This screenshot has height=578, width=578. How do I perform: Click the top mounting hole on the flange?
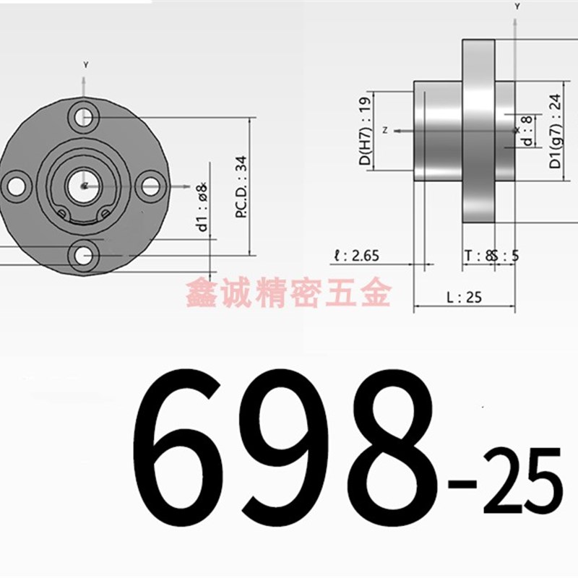[x=85, y=116]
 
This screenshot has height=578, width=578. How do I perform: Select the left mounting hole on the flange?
[x=15, y=186]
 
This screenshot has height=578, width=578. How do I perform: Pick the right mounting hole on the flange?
[x=150, y=186]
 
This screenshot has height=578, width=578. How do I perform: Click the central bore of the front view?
[x=84, y=186]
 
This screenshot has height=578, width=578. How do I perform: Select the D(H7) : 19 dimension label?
[x=365, y=131]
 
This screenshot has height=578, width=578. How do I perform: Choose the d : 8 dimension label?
[x=527, y=130]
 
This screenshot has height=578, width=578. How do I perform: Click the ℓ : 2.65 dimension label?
[x=356, y=255]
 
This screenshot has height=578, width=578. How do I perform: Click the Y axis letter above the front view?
[x=85, y=65]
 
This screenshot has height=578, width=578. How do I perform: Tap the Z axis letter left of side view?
[x=386, y=131]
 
